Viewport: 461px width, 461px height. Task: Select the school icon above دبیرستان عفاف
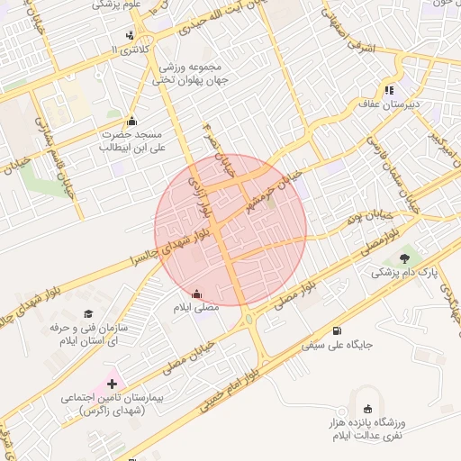pos(389,90)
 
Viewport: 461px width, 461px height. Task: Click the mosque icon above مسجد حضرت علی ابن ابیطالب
pos(133,122)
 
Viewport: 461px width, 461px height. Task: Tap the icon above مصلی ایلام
pos(196,294)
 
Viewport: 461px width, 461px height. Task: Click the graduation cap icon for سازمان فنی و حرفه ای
pos(88,312)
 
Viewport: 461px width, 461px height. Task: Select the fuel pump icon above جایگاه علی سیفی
pos(337,330)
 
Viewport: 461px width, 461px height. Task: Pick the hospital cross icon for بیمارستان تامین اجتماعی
pos(112,384)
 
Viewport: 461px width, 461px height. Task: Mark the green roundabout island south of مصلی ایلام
pos(249,319)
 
